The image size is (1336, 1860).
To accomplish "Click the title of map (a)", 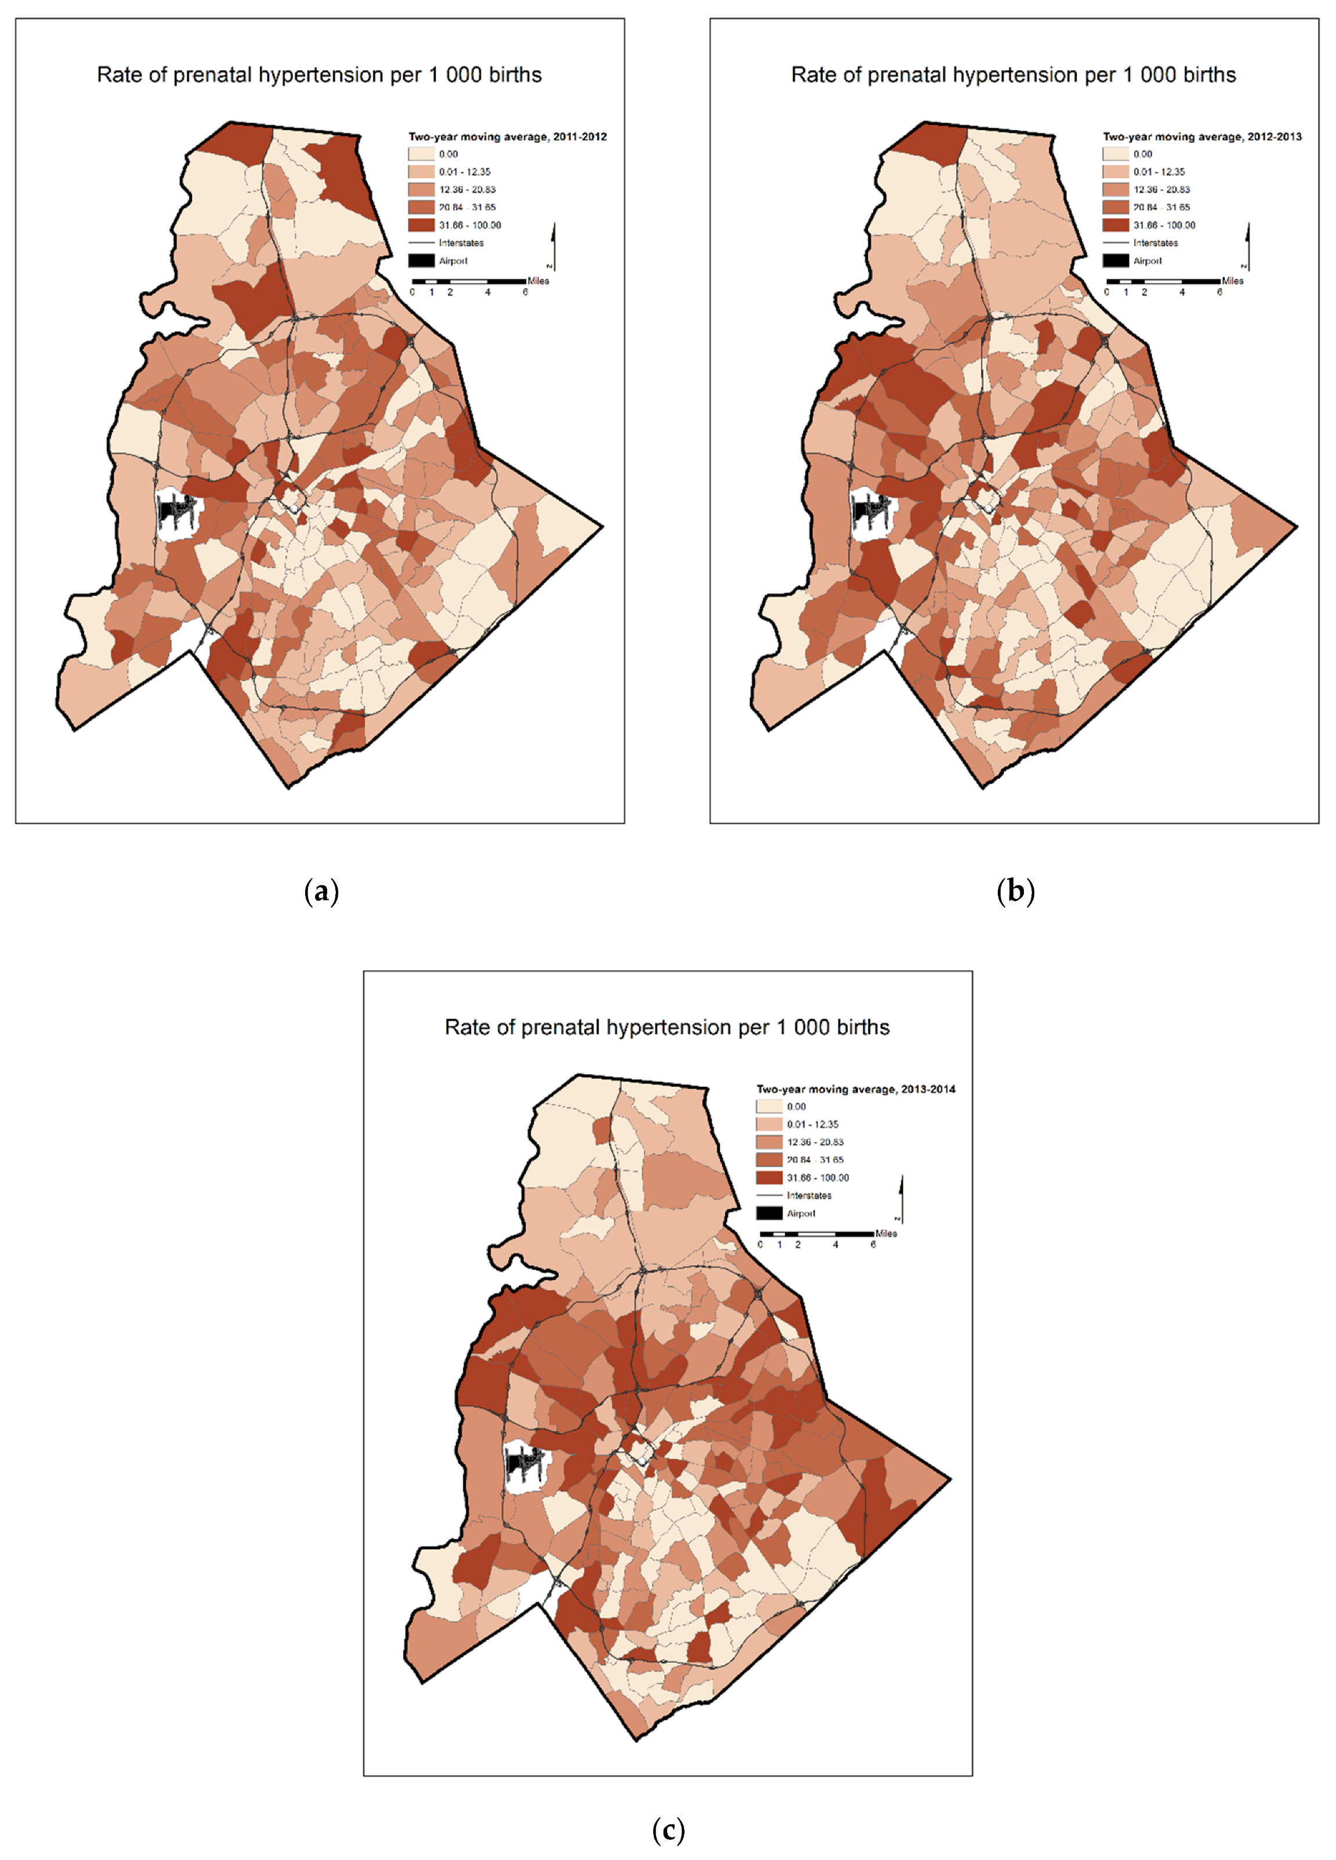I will (x=319, y=75).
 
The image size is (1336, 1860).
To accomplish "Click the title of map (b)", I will (x=1013, y=75).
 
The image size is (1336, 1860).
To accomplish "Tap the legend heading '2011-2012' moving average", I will (x=508, y=137).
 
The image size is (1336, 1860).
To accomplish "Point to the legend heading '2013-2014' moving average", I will (x=856, y=1089).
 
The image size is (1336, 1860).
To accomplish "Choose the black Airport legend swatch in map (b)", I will (x=1116, y=261).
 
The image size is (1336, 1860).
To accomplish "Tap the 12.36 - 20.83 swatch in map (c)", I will (x=769, y=1141).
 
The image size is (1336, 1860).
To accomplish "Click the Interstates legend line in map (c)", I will (x=769, y=1195).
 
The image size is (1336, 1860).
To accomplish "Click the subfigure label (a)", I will (x=321, y=891).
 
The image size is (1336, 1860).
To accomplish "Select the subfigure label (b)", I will (x=1015, y=891).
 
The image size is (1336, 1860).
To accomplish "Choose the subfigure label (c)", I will (x=668, y=1830).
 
